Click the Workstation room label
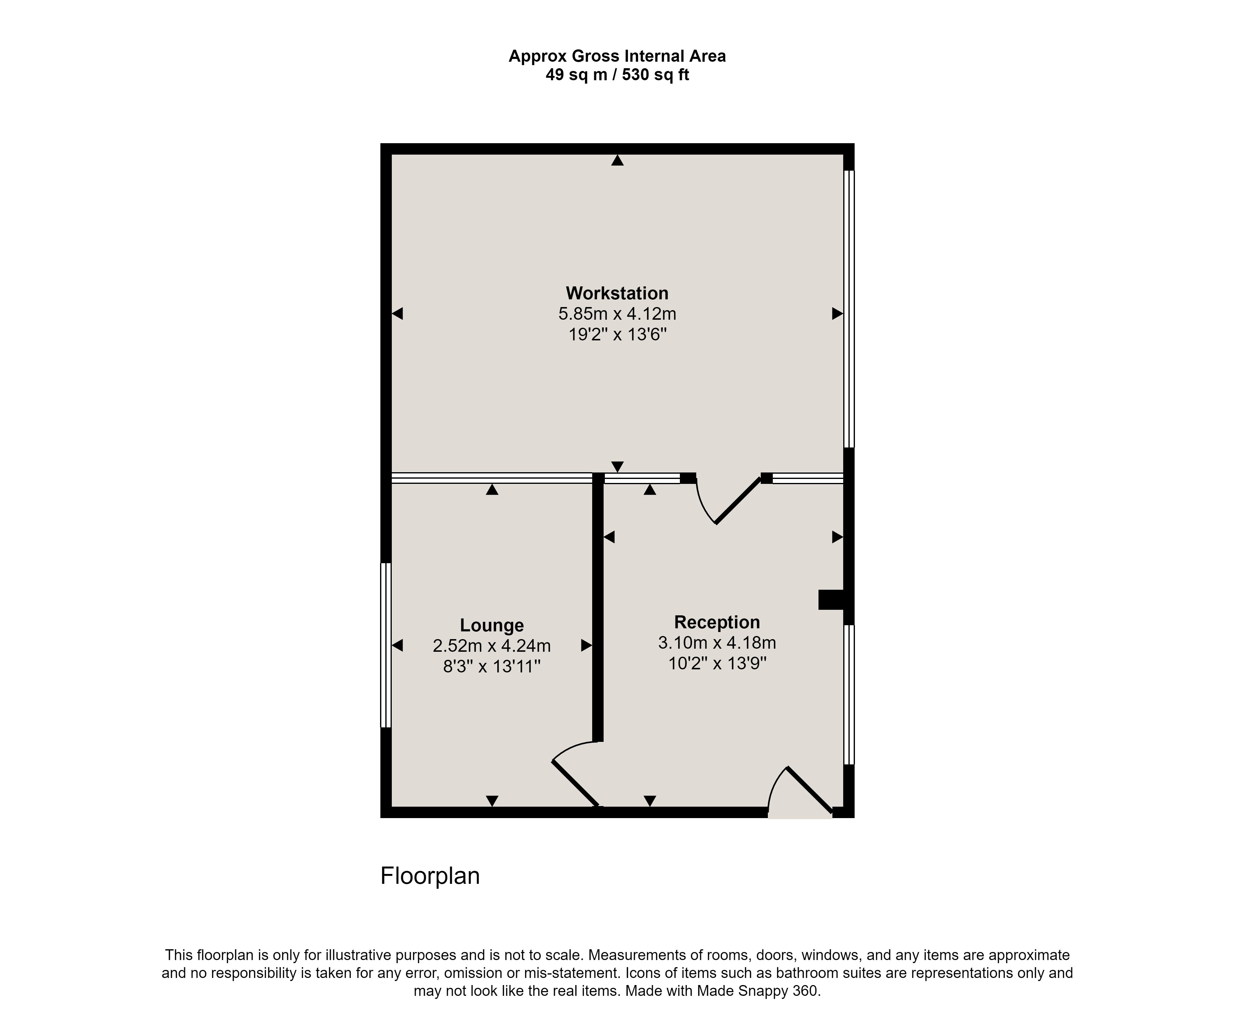617,293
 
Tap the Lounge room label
492,625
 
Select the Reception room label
717,622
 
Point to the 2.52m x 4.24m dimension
492,646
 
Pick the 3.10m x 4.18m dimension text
717,642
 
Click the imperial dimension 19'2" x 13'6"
617,335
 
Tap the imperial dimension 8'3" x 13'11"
492,667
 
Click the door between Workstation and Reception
729,499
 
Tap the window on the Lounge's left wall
386,645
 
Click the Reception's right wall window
849,694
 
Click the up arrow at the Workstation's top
617,160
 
